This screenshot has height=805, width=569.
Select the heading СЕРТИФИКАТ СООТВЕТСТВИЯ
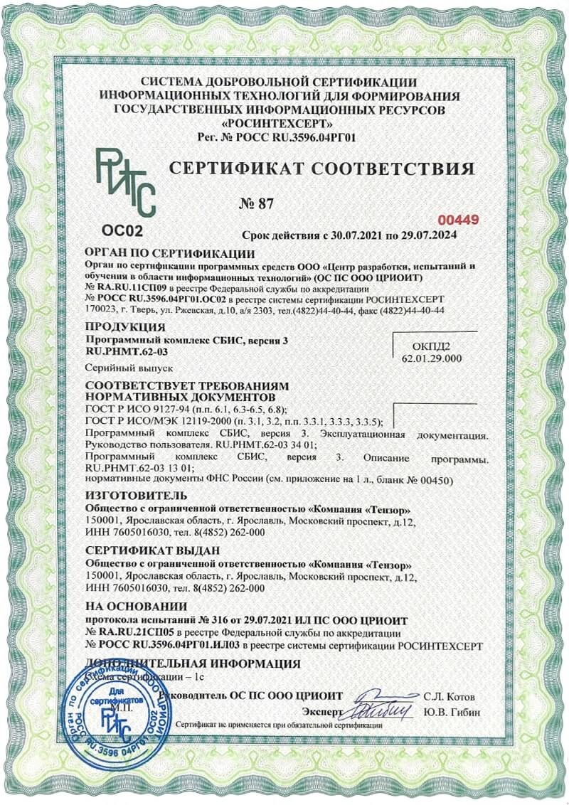tap(320, 169)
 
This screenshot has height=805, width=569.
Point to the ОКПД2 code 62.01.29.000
tap(432, 358)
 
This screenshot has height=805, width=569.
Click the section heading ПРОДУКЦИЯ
tap(125, 328)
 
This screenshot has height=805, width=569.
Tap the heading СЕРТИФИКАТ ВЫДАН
tap(142, 551)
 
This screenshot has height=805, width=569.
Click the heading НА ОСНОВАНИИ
tap(136, 607)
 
